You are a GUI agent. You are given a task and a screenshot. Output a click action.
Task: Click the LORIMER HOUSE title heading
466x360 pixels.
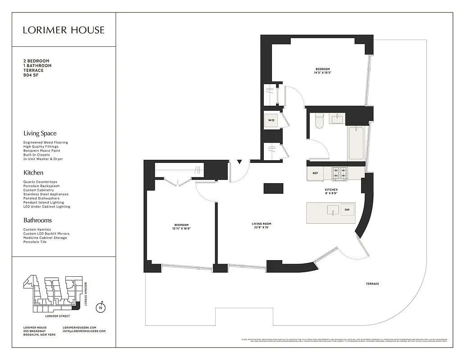(x=64, y=30)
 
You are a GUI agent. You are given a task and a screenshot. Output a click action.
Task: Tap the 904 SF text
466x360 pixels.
(x=32, y=76)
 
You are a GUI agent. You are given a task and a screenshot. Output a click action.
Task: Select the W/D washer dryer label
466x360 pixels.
(x=271, y=121)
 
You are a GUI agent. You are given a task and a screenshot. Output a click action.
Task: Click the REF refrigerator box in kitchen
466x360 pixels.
(x=315, y=173)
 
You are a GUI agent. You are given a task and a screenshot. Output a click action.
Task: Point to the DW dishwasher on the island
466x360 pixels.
(x=347, y=210)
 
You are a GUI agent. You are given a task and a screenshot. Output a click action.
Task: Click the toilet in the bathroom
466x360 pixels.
(x=319, y=120)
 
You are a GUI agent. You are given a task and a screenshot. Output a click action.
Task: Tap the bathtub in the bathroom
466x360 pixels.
(x=356, y=143)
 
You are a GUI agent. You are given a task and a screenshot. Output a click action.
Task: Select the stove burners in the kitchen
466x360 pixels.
(x=339, y=173)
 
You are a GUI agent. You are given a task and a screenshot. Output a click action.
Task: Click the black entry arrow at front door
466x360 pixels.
(x=240, y=162)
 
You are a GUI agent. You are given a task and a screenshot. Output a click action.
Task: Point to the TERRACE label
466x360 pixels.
(x=372, y=284)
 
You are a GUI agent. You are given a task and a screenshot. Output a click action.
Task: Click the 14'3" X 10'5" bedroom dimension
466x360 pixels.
(x=322, y=73)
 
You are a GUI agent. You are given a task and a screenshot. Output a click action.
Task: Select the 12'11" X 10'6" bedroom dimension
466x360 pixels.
(x=181, y=229)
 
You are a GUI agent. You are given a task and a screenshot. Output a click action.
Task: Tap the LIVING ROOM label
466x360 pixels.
(x=261, y=224)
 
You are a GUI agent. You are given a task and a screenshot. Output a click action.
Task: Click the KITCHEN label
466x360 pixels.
(x=331, y=190)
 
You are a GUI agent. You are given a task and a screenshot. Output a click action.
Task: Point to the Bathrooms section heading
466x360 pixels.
(x=37, y=220)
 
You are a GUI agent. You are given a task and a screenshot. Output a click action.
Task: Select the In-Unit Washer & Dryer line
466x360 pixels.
(x=43, y=159)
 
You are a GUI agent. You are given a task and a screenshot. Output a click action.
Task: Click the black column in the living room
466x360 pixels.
(x=273, y=188)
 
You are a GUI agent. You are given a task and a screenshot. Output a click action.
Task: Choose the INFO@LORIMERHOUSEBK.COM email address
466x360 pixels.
(x=84, y=331)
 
